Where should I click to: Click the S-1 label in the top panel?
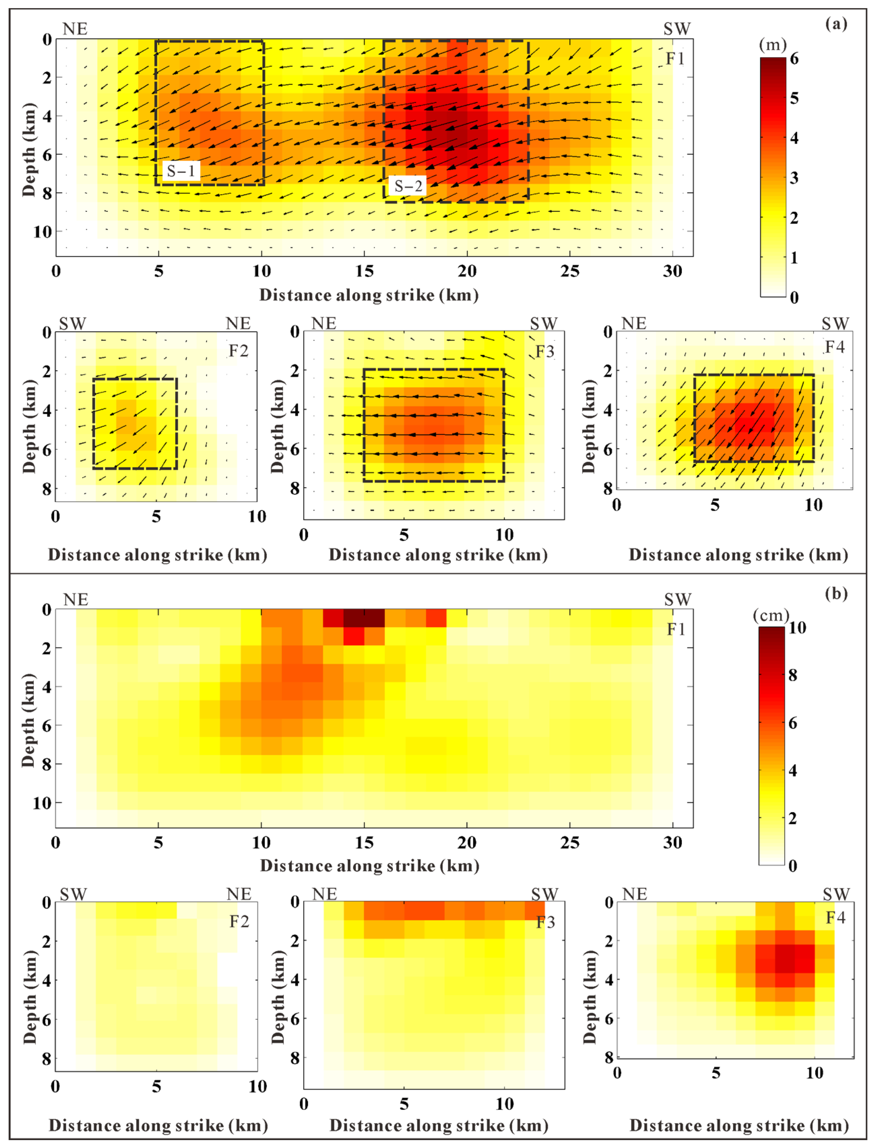click(x=181, y=171)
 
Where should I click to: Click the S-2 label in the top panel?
click(x=408, y=186)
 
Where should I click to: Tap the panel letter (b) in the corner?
click(x=836, y=593)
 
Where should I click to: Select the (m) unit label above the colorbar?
click(x=773, y=45)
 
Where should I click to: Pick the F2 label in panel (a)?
click(x=238, y=351)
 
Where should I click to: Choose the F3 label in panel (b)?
click(x=546, y=922)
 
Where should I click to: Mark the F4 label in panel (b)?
click(x=836, y=918)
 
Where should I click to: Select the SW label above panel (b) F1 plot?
click(x=677, y=600)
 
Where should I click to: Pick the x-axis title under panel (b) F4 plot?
click(x=739, y=1126)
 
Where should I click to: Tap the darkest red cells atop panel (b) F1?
click(x=364, y=618)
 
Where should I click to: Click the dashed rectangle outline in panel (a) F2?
click(x=94, y=424)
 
